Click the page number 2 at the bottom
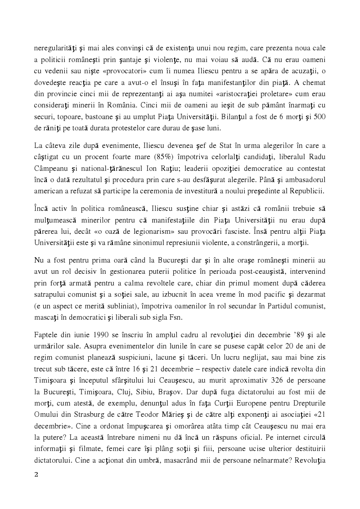[x=37, y=487]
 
